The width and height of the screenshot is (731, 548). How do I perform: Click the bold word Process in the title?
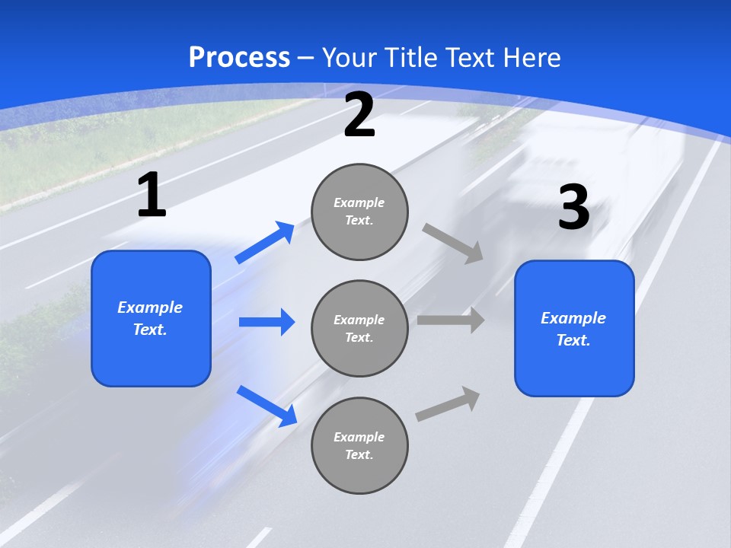(239, 58)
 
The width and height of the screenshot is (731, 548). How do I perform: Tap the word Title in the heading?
(413, 58)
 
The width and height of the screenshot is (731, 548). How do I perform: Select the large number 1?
(152, 196)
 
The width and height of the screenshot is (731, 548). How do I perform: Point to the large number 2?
(359, 116)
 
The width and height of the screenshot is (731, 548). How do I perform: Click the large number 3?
(573, 208)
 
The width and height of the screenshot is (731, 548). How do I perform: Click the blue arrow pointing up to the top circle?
(265, 242)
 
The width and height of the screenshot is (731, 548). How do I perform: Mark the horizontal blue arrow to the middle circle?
(267, 322)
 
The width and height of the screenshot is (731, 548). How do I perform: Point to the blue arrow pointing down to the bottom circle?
(267, 406)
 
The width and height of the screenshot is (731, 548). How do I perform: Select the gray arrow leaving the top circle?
(453, 243)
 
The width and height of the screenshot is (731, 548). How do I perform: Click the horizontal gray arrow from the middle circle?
(450, 320)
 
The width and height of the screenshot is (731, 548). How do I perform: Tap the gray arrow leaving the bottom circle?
(448, 403)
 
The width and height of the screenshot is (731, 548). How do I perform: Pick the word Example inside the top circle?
(359, 202)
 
